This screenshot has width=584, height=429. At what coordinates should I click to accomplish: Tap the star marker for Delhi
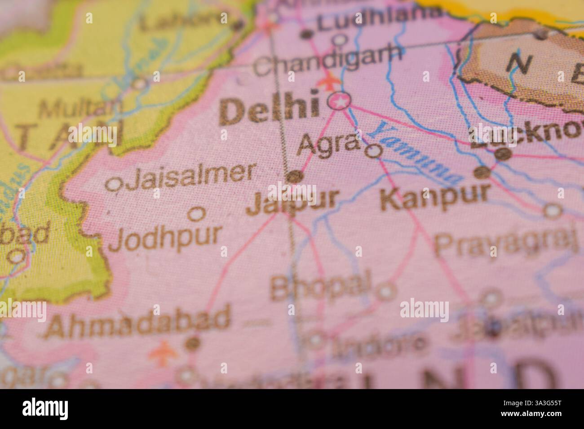tap(340, 102)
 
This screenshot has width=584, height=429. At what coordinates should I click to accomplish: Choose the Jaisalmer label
tap(190, 176)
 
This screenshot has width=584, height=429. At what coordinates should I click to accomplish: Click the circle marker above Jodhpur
tap(196, 214)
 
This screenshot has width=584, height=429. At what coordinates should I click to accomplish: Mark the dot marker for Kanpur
tap(482, 172)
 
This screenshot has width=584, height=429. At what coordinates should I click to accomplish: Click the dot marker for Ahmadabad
tap(193, 343)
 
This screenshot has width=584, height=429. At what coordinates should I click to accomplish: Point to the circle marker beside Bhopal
tap(385, 292)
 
